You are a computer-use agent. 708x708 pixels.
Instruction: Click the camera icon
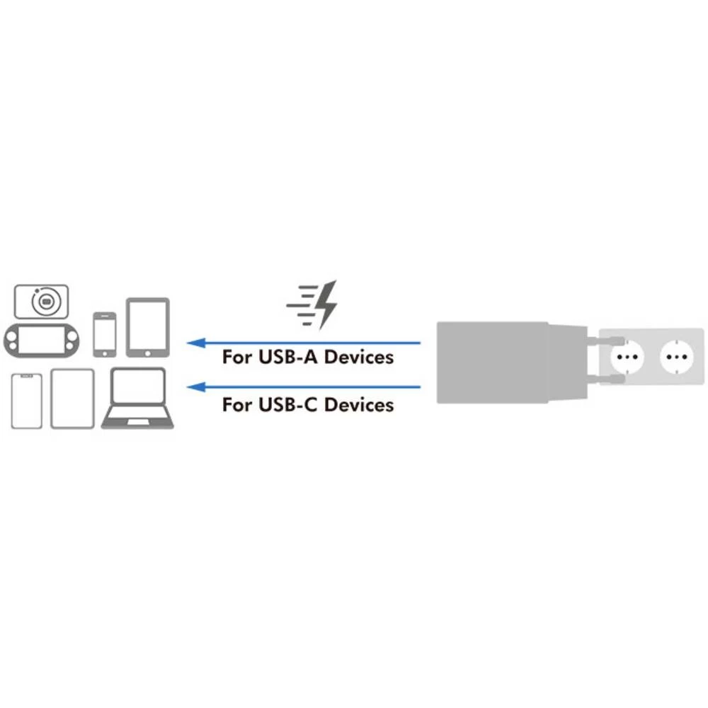click(x=41, y=302)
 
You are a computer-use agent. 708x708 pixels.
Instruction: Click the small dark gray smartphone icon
click(x=104, y=333)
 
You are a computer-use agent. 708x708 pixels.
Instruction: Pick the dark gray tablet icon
click(x=147, y=327)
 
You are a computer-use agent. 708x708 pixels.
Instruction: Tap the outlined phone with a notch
click(x=27, y=401)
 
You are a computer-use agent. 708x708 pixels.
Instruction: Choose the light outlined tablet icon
click(x=72, y=399)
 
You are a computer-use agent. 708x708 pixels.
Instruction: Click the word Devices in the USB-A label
click(x=358, y=357)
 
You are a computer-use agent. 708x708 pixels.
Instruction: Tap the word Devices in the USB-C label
click(x=358, y=405)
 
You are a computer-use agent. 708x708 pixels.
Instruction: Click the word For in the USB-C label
click(x=236, y=405)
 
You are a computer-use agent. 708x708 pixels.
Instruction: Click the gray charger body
click(x=492, y=362)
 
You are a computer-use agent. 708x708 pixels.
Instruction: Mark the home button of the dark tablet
click(x=148, y=350)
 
